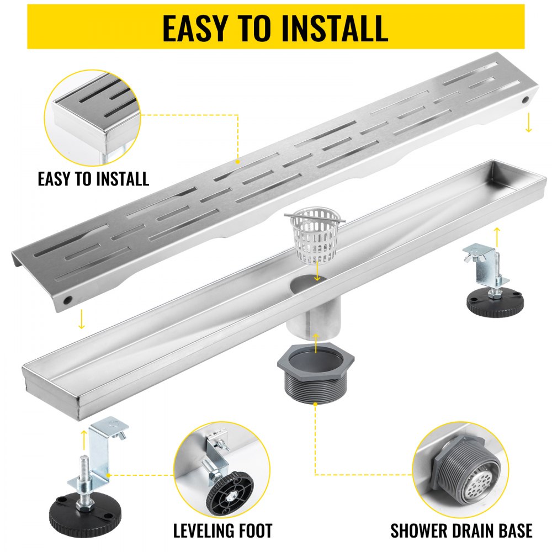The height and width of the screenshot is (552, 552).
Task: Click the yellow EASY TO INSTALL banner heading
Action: pyautogui.click(x=275, y=27)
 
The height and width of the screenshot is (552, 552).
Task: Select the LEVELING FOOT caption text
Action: pyautogui.click(x=222, y=531)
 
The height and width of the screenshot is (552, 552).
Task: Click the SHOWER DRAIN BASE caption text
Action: pyautogui.click(x=461, y=531)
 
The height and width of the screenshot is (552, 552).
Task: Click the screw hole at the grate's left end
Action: pyautogui.click(x=67, y=300)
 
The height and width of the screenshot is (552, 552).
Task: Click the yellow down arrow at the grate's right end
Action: pyautogui.click(x=528, y=123)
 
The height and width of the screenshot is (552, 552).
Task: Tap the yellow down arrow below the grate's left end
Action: pyautogui.click(x=82, y=320)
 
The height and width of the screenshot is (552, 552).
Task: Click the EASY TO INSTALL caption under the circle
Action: pyautogui.click(x=93, y=179)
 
